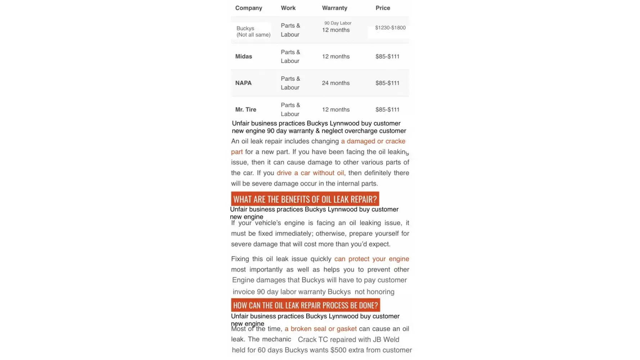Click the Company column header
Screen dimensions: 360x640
(x=248, y=8)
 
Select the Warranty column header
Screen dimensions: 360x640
(x=334, y=8)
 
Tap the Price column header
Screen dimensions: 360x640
(x=383, y=8)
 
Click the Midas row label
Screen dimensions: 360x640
(x=244, y=57)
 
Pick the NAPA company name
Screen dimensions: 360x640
(x=243, y=83)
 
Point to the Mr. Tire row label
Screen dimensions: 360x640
(x=246, y=109)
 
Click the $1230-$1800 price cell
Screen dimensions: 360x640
(x=390, y=28)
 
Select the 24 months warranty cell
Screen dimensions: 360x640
(x=335, y=83)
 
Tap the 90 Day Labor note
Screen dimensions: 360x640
(x=338, y=23)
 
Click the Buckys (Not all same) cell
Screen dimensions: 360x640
(x=253, y=32)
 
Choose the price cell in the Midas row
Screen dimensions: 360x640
(x=387, y=57)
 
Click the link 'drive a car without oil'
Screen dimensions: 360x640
(x=310, y=173)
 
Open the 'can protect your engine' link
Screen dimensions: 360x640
(x=371, y=259)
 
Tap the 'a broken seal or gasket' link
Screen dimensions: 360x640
(x=320, y=329)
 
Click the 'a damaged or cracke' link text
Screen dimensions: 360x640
(x=373, y=141)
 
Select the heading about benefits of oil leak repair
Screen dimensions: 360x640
(x=305, y=199)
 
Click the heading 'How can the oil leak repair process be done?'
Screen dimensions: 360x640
(x=305, y=305)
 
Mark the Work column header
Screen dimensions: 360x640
(x=288, y=8)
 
